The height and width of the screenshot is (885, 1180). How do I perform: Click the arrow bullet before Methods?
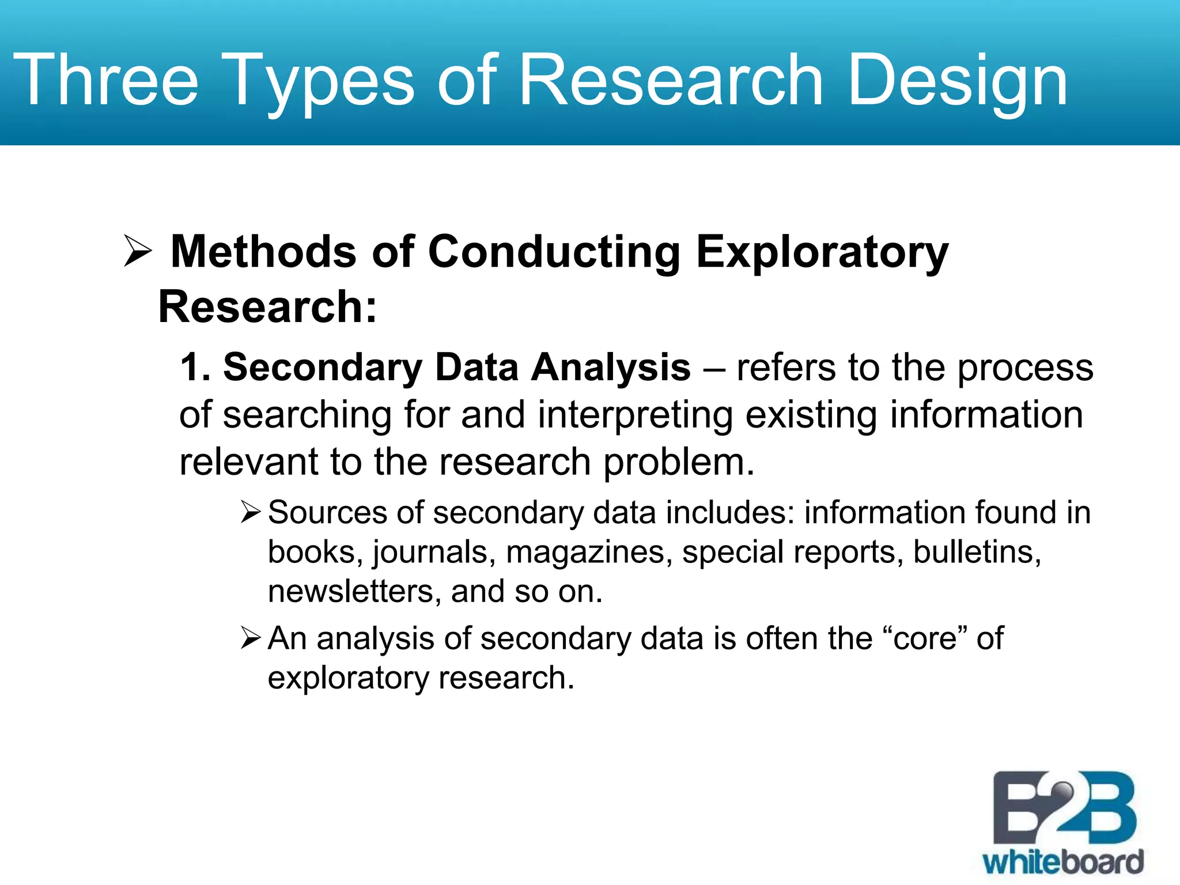(138, 252)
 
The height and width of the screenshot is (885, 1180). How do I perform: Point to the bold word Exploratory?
(822, 252)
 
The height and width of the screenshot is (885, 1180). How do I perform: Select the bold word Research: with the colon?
(267, 307)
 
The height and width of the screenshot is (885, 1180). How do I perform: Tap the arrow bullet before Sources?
(252, 512)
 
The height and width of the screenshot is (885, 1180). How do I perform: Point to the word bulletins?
(977, 552)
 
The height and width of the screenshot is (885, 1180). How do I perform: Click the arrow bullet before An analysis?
(252, 638)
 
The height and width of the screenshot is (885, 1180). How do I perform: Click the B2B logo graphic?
(1064, 810)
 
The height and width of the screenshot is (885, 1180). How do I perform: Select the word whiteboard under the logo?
(1064, 863)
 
